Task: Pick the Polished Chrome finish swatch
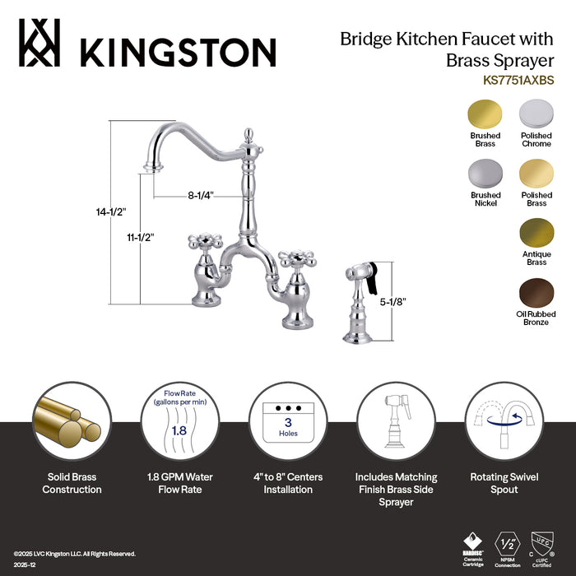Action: (536, 114)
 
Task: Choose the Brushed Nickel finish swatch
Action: (484, 174)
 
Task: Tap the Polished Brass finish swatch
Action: (536, 174)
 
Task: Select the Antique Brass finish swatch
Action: (536, 232)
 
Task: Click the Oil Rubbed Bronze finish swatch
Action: (536, 291)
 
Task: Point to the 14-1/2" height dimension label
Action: (110, 212)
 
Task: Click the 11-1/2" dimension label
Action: (140, 237)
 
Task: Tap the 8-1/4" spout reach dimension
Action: (200, 196)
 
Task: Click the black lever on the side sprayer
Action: (371, 277)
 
